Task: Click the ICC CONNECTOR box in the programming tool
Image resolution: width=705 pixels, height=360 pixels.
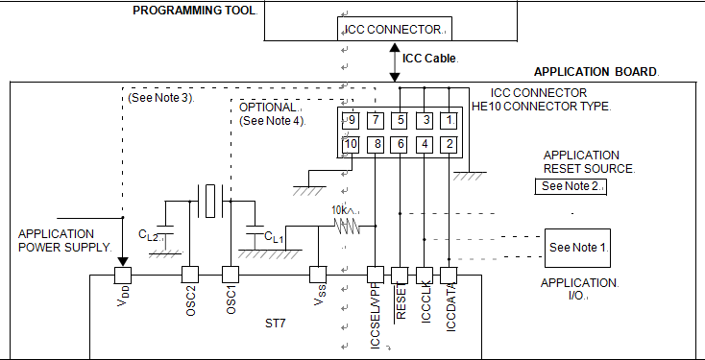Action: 395,29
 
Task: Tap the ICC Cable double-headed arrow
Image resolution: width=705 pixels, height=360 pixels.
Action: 395,62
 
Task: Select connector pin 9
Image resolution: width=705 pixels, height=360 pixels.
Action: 351,120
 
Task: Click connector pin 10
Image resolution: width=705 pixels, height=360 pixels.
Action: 351,145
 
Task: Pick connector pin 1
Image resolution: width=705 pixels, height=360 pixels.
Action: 449,120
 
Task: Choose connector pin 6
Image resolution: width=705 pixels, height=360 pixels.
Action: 400,145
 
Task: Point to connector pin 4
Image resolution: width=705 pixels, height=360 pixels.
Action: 424,145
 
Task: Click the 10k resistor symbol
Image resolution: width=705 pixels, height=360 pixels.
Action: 347,226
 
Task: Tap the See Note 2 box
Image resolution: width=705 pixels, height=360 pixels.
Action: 571,186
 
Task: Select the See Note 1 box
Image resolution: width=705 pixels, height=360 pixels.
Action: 578,248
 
